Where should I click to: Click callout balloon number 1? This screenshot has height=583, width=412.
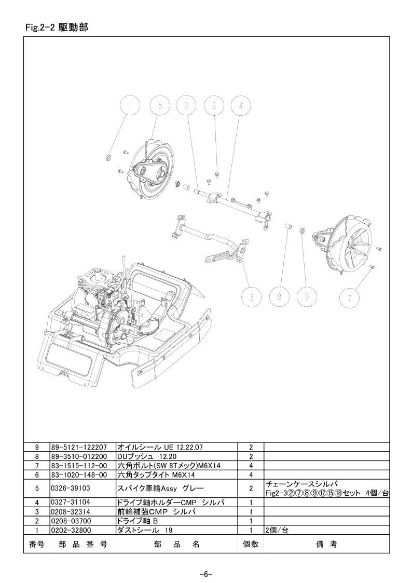coord(130,105)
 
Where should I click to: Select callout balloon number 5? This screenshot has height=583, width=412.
coord(160,105)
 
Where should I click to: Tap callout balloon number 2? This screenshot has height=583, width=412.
coord(186,105)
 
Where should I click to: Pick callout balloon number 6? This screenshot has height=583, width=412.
coord(214,105)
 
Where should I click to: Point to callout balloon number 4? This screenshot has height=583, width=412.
coord(241,105)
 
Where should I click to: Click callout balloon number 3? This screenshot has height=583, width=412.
coord(252,297)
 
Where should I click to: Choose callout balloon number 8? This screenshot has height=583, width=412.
coord(280,297)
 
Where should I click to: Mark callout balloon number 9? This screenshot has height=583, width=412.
coord(307,297)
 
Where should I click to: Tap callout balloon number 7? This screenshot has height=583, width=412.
coord(350,297)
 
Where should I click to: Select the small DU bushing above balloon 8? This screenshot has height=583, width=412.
coord(287,226)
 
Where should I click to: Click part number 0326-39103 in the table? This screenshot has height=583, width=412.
coord(71,488)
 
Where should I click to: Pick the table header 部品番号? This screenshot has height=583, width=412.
coord(83,545)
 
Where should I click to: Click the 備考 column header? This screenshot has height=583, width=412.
coord(327,545)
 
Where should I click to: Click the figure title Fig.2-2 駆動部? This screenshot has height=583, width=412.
coord(57,28)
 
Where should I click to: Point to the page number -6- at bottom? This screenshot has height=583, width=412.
coord(206,574)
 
